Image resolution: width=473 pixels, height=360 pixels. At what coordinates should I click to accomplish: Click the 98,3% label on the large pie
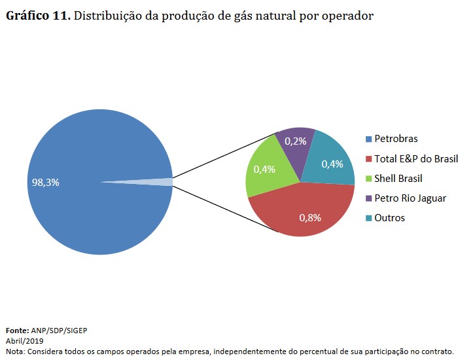pos(45,183)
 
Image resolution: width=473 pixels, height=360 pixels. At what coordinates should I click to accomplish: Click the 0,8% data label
pos(310,218)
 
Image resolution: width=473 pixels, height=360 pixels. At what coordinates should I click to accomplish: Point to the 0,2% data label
pos(296,141)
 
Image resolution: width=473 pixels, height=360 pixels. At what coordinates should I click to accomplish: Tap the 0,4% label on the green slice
pos(264,169)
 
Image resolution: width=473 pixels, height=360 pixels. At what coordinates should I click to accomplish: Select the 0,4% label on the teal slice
pos(332,164)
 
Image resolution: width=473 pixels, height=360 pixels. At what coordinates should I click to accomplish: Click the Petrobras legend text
pos(395,139)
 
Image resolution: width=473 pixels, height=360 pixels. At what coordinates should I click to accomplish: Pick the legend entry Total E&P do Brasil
pos(415,158)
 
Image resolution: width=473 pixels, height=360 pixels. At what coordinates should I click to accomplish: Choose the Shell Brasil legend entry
pos(398,178)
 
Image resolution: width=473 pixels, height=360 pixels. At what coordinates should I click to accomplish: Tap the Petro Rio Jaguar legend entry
pos(410,198)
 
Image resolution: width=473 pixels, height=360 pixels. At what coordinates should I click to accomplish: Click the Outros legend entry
pos(389,217)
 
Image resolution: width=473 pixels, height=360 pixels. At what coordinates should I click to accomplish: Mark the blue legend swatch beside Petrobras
pos(368,139)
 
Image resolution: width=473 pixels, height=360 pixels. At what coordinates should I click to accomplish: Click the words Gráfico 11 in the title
pos(38,16)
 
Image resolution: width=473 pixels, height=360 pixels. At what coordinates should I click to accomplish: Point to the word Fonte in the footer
pos(18,331)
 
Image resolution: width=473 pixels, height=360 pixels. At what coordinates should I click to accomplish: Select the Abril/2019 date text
pos(24,341)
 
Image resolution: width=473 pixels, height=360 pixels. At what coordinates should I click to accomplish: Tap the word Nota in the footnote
pos(14,351)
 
